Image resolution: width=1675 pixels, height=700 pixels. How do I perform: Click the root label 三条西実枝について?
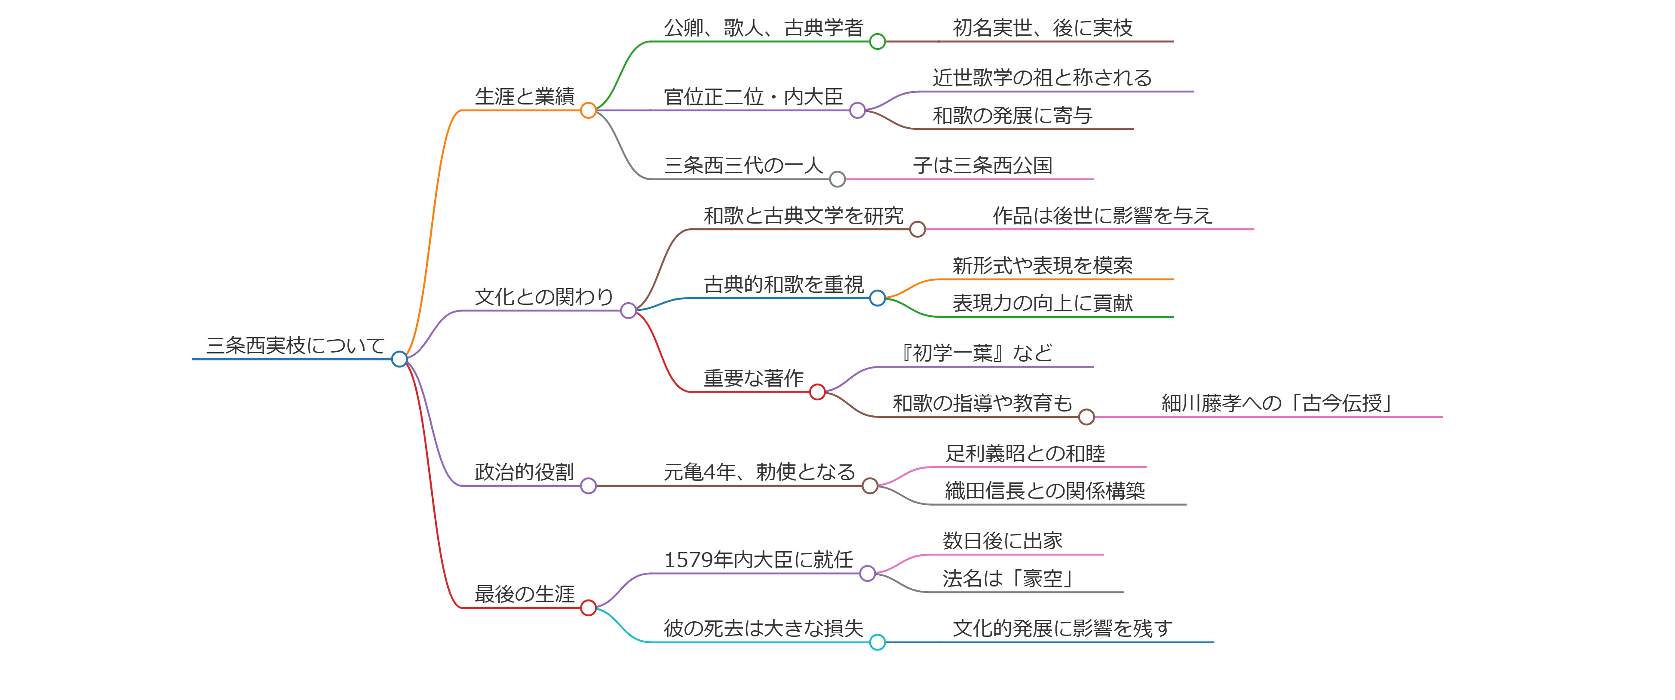(x=295, y=345)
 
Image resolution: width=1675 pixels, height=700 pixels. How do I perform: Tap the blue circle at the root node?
(x=399, y=359)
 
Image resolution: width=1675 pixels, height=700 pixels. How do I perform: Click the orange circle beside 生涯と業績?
(x=589, y=111)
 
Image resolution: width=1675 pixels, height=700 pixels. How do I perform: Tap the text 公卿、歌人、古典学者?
(x=764, y=28)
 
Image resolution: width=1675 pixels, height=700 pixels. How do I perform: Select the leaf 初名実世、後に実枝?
(x=1042, y=28)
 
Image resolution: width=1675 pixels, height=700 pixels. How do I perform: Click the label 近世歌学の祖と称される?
(x=1042, y=77)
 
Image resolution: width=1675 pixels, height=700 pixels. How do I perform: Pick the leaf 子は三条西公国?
(x=982, y=165)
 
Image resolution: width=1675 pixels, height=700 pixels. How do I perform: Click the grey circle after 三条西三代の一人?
(x=837, y=179)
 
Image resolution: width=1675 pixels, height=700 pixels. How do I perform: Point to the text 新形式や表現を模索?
(x=1042, y=265)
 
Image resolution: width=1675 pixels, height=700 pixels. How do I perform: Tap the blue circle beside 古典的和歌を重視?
(x=877, y=298)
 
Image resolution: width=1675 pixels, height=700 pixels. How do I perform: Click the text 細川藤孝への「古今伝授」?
(x=1277, y=403)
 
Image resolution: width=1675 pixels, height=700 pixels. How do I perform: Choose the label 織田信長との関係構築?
(x=1045, y=491)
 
